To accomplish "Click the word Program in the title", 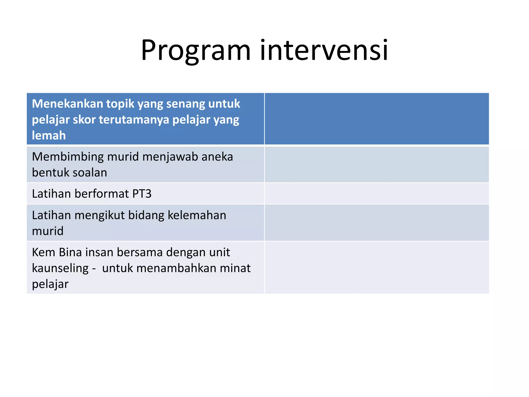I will point(196,50).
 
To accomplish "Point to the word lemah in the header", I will point(49,135).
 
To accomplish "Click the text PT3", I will point(142,194).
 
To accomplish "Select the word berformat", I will point(102,194).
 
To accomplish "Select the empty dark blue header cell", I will point(377,119).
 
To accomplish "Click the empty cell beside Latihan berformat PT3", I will point(377,194).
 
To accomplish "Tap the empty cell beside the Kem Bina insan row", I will point(377,268).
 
